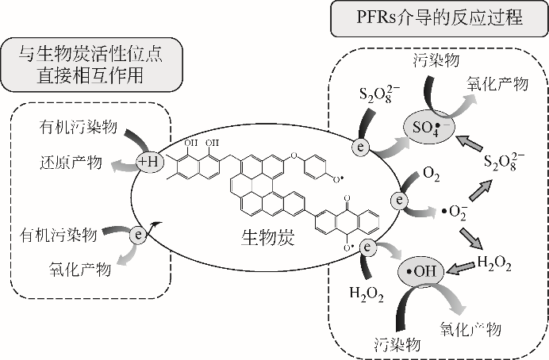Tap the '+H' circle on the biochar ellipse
(x=149, y=140)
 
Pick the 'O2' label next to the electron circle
(x=432, y=174)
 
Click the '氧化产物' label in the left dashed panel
(x=79, y=270)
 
